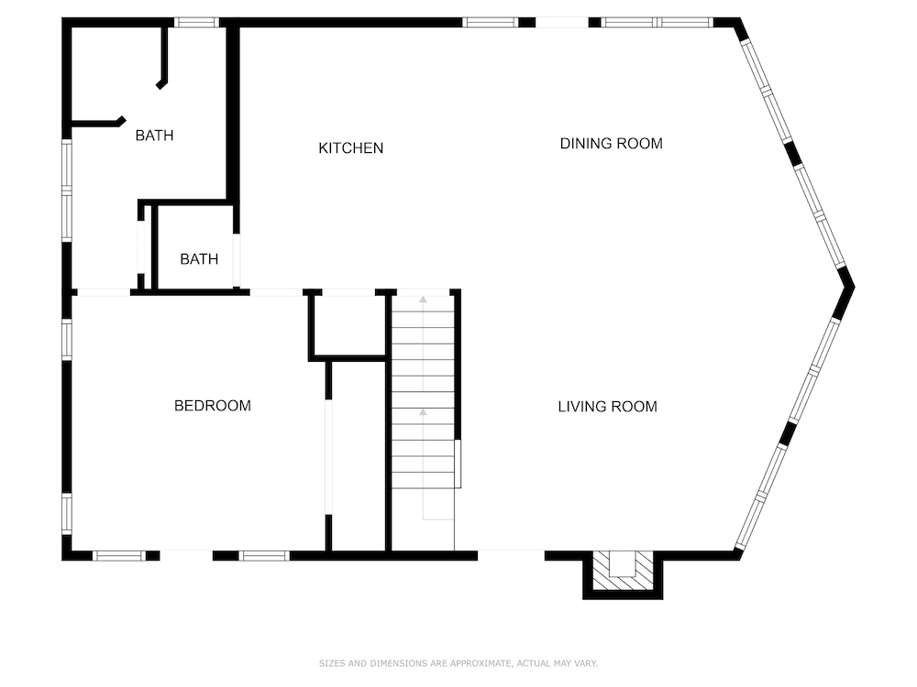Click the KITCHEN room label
350,148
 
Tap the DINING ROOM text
611,144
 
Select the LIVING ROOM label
607,407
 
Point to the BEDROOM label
212,406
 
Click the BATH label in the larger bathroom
154,136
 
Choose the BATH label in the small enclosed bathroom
199,259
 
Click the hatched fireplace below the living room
623,571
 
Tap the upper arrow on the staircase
423,299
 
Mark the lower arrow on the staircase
423,413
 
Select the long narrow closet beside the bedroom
358,456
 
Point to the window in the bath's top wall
196,22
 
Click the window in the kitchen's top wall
490,22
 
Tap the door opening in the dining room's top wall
561,22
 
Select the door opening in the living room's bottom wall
511,554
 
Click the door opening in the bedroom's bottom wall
186,555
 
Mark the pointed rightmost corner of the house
852,287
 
